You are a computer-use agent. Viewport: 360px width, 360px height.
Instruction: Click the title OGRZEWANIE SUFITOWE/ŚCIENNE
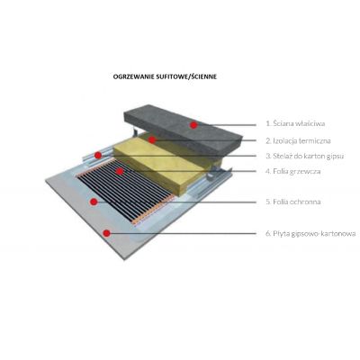pos(165,76)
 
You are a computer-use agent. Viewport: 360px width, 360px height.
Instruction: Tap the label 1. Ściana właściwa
pos(295,123)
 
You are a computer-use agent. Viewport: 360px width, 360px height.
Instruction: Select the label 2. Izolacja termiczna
pos(299,140)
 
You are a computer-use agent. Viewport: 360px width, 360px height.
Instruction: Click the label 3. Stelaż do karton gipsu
pos(305,156)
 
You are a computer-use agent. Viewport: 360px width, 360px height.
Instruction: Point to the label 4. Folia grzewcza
pos(293,171)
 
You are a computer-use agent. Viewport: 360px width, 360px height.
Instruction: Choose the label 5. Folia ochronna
pos(293,202)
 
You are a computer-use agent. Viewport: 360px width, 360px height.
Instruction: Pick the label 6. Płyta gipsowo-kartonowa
pos(310,233)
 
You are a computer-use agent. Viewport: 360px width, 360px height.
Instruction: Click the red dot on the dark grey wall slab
pos(193,125)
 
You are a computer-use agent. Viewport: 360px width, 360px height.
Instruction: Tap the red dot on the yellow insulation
pos(152,139)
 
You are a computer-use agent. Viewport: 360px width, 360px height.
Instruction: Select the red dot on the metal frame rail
pos(97,155)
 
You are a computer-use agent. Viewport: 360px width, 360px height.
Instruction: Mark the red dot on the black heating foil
pos(120,171)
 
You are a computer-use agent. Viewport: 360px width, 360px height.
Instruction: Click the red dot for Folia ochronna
pos(94,202)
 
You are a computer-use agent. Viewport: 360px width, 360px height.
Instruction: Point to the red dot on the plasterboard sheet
pos(106,233)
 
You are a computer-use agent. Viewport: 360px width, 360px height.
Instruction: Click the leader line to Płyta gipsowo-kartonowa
pos(184,233)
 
